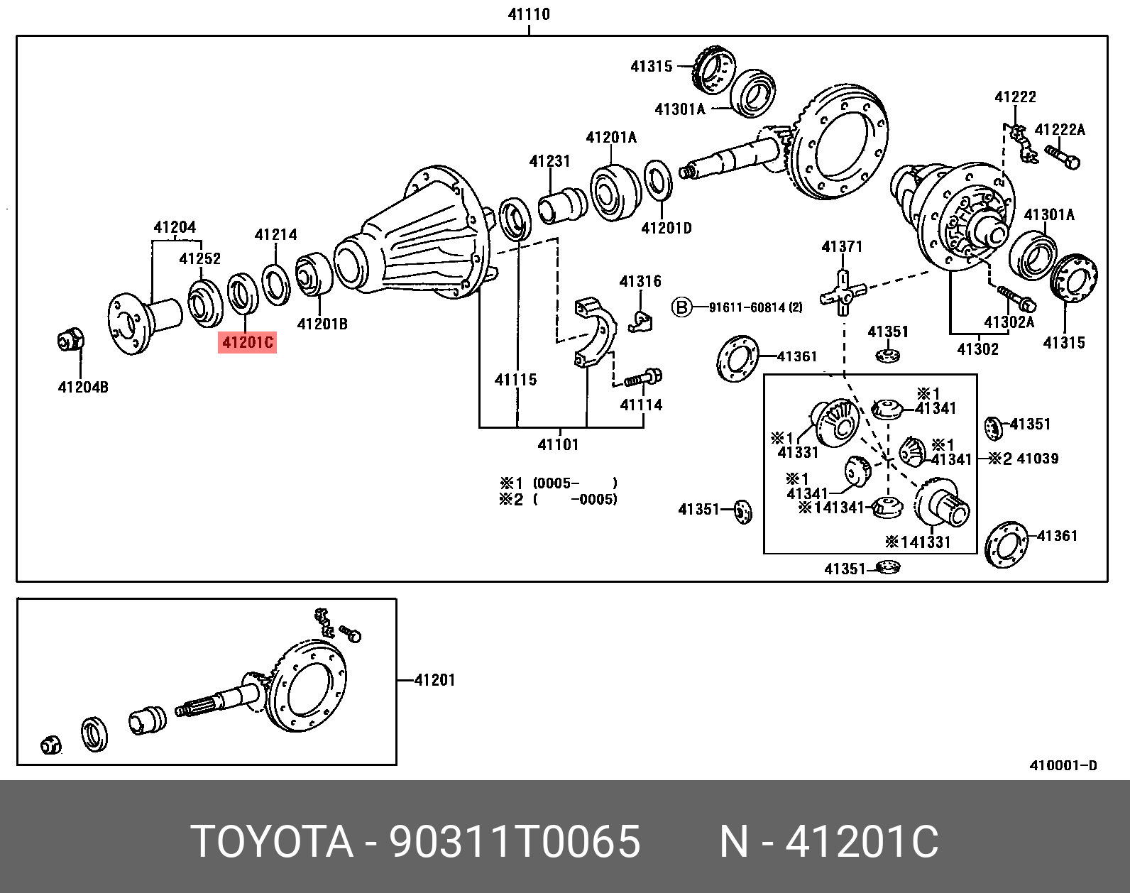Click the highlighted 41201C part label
click(247, 343)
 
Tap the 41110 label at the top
click(529, 14)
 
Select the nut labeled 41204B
click(70, 341)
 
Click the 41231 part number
click(549, 161)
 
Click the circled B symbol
click(681, 307)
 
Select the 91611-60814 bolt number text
click(755, 307)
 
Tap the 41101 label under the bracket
click(558, 445)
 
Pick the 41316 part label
click(640, 282)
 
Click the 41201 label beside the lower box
click(434, 680)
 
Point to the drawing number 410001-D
click(1063, 765)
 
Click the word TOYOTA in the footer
click(272, 842)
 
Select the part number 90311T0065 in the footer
click(515, 842)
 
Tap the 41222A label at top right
click(1060, 130)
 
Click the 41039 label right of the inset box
click(1037, 459)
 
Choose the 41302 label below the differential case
click(977, 349)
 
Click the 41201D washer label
click(666, 228)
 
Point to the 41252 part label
click(199, 259)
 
